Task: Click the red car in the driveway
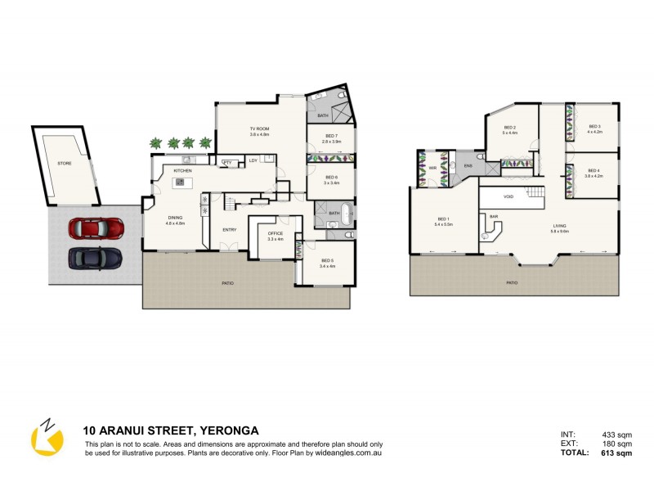(x=95, y=227)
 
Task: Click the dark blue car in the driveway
(x=95, y=258)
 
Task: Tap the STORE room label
(x=64, y=163)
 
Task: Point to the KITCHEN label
(x=182, y=170)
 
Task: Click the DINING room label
(x=176, y=217)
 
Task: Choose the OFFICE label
(x=275, y=234)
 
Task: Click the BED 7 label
(x=331, y=136)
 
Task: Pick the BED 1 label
(x=443, y=219)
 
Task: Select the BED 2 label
(x=510, y=128)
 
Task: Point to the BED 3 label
(x=594, y=126)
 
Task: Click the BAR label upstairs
(x=494, y=216)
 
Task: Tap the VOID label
(x=508, y=196)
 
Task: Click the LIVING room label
(x=560, y=227)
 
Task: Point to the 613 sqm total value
(x=617, y=453)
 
